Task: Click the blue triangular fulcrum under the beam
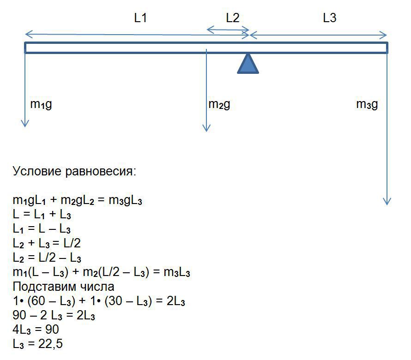tap(248, 65)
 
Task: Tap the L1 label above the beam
tap(140, 18)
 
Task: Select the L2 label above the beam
tap(233, 18)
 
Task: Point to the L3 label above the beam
tap(329, 18)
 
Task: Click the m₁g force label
tap(41, 104)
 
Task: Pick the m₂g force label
tap(219, 104)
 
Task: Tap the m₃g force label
tap(367, 104)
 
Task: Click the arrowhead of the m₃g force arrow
tap(387, 201)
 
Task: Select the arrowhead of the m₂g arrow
tap(206, 128)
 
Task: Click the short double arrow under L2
tap(228, 30)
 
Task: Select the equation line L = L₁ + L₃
tap(42, 215)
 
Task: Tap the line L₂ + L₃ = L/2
tap(47, 244)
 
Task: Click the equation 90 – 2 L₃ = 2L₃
tap(54, 316)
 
